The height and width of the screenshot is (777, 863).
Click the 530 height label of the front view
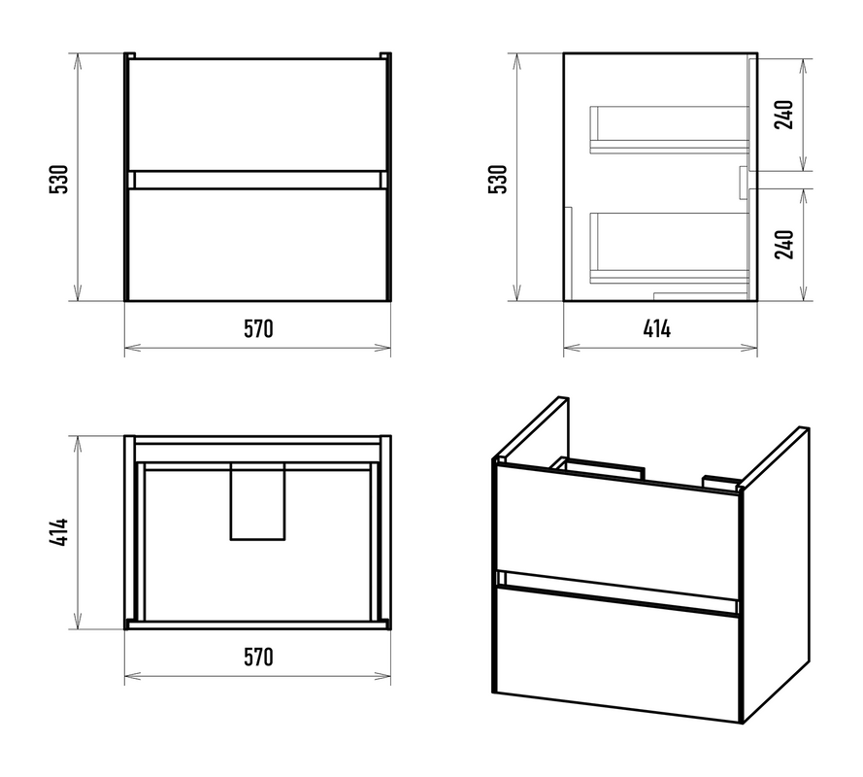[x=58, y=179]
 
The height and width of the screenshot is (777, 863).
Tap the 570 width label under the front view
[x=258, y=328]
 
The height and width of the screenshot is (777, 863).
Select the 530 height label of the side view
[x=498, y=179]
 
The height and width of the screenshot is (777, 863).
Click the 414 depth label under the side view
[x=656, y=328]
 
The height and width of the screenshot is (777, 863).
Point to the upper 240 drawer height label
[x=783, y=115]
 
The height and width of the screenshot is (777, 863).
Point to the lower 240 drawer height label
[x=783, y=245]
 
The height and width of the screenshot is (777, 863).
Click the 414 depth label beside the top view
[x=58, y=532]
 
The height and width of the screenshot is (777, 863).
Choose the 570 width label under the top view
[x=258, y=657]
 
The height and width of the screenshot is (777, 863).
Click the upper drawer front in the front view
[x=257, y=115]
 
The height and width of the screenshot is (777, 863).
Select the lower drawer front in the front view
[x=257, y=245]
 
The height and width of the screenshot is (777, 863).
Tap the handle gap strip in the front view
[x=257, y=180]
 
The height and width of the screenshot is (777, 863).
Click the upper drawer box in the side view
[x=669, y=129]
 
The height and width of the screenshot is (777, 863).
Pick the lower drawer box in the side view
[x=669, y=249]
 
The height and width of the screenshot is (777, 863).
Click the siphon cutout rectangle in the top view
[x=257, y=501]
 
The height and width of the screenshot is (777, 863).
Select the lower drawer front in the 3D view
[x=617, y=654]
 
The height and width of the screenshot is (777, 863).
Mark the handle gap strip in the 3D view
[x=617, y=591]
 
